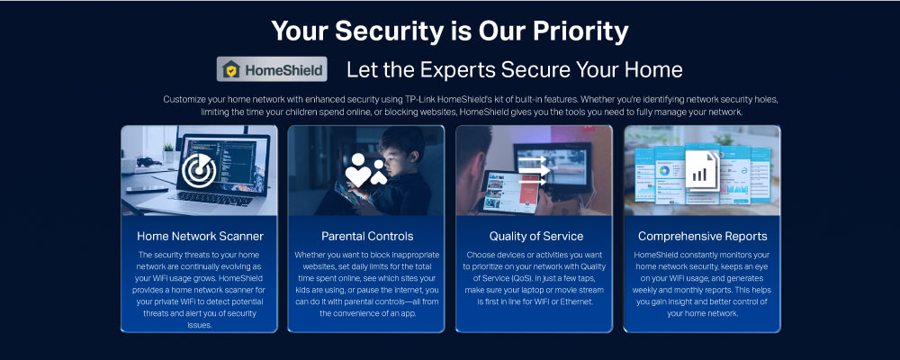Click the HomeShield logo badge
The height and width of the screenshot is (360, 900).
pyautogui.click(x=272, y=69)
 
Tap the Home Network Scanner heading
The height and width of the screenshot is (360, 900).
pyautogui.click(x=200, y=236)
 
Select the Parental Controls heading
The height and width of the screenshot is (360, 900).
pyautogui.click(x=367, y=236)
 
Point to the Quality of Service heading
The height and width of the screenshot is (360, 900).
pyautogui.click(x=535, y=236)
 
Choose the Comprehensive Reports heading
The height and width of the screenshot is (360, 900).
pyautogui.click(x=702, y=236)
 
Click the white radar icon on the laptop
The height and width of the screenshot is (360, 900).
pyautogui.click(x=199, y=170)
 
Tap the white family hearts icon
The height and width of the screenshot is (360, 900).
pyautogui.click(x=365, y=170)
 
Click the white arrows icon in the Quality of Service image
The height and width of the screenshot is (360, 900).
pyautogui.click(x=534, y=170)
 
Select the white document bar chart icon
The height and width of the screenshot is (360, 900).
pyautogui.click(x=702, y=170)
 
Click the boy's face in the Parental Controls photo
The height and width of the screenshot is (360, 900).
pyautogui.click(x=396, y=154)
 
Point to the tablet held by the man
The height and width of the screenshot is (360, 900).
pyautogui.click(x=510, y=192)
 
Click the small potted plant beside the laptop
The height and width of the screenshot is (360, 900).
pyautogui.click(x=169, y=153)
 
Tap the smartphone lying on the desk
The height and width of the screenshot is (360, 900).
pyautogui.click(x=147, y=189)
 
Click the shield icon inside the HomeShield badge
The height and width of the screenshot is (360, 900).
pyautogui.click(x=230, y=69)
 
